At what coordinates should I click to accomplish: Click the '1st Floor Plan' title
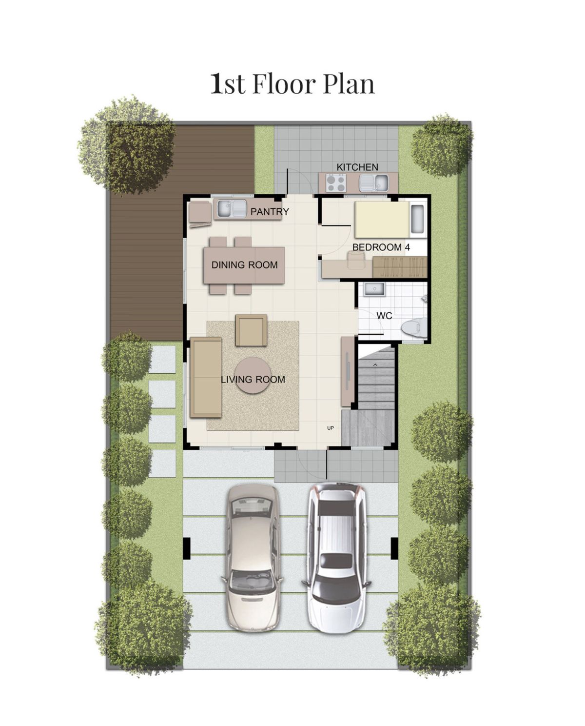tap(292, 83)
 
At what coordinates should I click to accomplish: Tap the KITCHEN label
tap(357, 167)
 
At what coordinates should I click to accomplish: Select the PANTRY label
tap(270, 212)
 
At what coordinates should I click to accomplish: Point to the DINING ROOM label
tap(244, 265)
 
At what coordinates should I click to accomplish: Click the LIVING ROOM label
tap(253, 380)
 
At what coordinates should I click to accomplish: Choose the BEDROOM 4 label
tap(381, 247)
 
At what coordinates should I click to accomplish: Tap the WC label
tap(384, 316)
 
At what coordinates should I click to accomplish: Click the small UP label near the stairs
tap(331, 428)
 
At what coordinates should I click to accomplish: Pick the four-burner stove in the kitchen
tap(336, 183)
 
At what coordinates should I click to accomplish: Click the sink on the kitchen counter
tap(373, 183)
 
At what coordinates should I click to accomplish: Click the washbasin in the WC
tap(374, 290)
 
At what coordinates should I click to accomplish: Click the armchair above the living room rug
tap(251, 330)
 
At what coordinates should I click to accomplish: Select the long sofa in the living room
tap(206, 377)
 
